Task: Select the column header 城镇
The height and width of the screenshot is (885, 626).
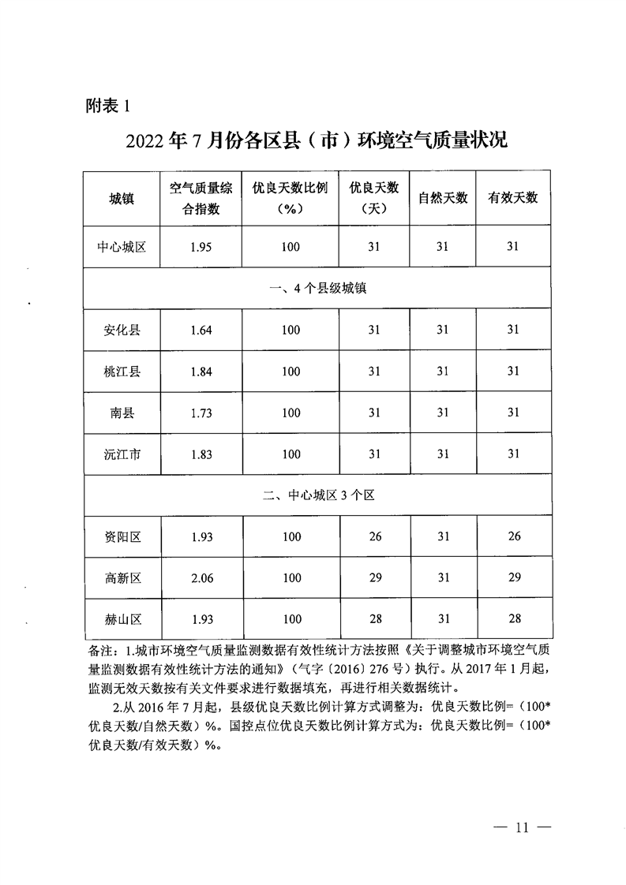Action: (122, 198)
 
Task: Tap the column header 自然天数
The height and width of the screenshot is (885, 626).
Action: (443, 198)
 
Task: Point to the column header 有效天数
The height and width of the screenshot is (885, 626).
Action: (513, 198)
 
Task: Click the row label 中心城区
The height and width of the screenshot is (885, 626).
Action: (122, 247)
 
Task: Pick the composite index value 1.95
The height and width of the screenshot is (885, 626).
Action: (201, 247)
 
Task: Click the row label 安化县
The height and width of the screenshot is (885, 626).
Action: (122, 330)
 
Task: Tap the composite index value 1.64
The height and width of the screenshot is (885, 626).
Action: (201, 330)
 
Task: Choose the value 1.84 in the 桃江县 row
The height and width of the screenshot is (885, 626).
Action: (201, 372)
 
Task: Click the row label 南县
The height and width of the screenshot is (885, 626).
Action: (122, 413)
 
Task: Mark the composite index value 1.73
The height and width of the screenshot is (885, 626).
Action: (201, 413)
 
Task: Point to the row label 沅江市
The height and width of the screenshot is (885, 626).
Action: (122, 454)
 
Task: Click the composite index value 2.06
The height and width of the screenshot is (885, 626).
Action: (201, 578)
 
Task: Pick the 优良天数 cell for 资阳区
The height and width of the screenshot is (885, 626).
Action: (375, 537)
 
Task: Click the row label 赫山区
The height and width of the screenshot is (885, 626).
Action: (122, 619)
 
